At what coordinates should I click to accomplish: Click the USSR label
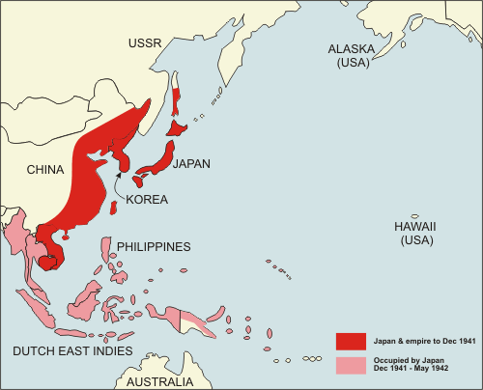[x=147, y=43]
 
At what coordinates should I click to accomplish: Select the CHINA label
[x=44, y=171]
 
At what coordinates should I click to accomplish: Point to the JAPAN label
[x=191, y=164]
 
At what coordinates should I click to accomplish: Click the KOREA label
[x=147, y=200]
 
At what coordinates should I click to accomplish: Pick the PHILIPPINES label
[x=154, y=246]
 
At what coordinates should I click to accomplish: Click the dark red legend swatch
[x=350, y=341]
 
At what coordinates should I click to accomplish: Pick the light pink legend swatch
[x=350, y=364]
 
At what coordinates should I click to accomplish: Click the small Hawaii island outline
[x=414, y=216]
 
